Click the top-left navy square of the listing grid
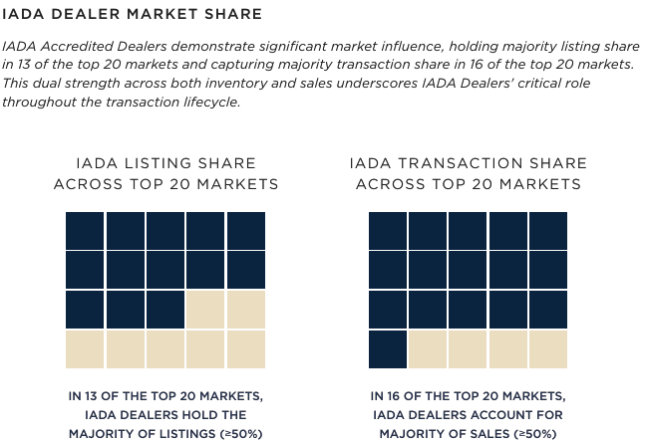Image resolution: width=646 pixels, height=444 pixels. pyautogui.click(x=85, y=230)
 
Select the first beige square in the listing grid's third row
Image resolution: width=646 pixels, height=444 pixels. pyautogui.click(x=205, y=309)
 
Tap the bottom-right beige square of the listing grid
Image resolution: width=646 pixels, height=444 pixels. pyautogui.click(x=245, y=348)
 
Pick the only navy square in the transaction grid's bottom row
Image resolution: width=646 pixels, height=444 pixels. pyautogui.click(x=388, y=348)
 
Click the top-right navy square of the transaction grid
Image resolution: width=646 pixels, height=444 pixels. pyautogui.click(x=548, y=230)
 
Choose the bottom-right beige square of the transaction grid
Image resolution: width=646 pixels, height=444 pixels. pyautogui.click(x=548, y=348)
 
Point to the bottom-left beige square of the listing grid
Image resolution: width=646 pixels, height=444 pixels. pyautogui.click(x=85, y=348)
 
